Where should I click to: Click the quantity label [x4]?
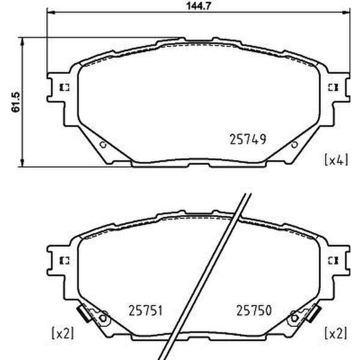(335, 160)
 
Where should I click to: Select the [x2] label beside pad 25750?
(335, 332)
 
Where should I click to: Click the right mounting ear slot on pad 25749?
(332, 87)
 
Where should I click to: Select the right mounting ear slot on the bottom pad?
(332, 260)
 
